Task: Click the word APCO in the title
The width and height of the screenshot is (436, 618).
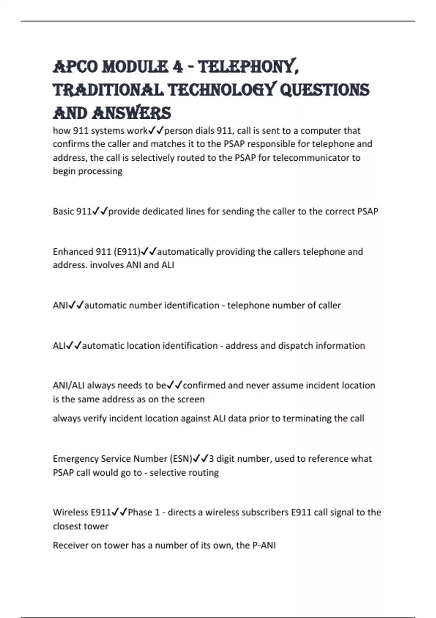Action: coord(75,67)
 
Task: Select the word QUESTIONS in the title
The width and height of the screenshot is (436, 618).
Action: coord(324,90)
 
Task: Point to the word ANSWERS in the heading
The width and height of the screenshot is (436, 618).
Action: coord(131,113)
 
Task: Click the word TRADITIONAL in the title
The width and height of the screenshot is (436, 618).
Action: coord(108,90)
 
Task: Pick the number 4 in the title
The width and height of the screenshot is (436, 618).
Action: coord(178,67)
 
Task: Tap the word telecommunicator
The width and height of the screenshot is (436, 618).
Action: coord(310,158)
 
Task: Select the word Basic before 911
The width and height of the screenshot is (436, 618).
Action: coord(64,211)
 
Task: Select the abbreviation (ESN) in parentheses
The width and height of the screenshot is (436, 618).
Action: coord(181,459)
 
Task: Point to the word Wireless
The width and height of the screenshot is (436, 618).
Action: coord(70,512)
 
